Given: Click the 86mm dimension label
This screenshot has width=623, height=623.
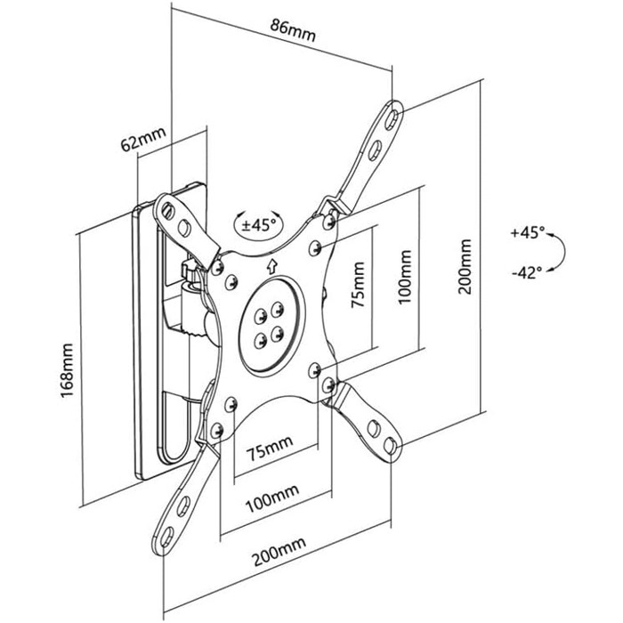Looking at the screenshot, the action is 293,30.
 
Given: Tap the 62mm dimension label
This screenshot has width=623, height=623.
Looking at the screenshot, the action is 143,139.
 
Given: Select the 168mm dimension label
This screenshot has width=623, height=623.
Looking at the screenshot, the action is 67,370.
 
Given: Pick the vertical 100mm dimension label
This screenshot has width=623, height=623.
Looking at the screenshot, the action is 404,277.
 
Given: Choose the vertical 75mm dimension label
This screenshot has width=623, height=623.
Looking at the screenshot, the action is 358,285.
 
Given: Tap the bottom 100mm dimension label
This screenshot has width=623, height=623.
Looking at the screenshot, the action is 272,497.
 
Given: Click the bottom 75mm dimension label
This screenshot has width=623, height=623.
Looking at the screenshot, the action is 271,448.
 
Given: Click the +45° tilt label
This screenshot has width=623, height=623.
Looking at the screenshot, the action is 527,232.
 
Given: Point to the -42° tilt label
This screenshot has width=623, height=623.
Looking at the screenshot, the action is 527,272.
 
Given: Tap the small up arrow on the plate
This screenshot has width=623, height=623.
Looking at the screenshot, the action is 272,267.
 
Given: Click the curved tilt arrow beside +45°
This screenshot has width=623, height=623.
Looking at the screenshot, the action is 563,252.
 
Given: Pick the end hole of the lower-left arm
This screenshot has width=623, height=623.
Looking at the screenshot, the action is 167,538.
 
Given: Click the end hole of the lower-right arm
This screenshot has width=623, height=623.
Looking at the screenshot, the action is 390,445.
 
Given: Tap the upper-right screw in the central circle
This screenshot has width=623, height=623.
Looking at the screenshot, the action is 277,308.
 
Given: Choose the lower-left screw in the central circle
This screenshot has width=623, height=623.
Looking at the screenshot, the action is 260,341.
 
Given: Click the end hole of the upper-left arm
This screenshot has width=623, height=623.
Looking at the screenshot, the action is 167,210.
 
